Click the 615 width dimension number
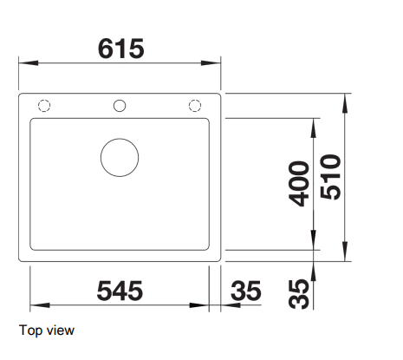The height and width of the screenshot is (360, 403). coord(121,49)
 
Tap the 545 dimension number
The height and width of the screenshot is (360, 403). coord(120,291)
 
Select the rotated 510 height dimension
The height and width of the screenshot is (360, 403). coord(331,177)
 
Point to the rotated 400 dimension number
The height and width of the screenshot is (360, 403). coord(299,184)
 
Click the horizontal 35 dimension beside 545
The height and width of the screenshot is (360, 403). coord(246,291)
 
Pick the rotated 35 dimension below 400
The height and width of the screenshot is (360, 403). coord(299,294)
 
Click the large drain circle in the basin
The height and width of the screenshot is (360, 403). coord(120,139)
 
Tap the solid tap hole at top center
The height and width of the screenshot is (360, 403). coord(120,100)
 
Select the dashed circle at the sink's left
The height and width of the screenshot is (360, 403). coord(44,99)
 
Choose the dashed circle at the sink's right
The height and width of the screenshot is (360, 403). coord(195,99)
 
